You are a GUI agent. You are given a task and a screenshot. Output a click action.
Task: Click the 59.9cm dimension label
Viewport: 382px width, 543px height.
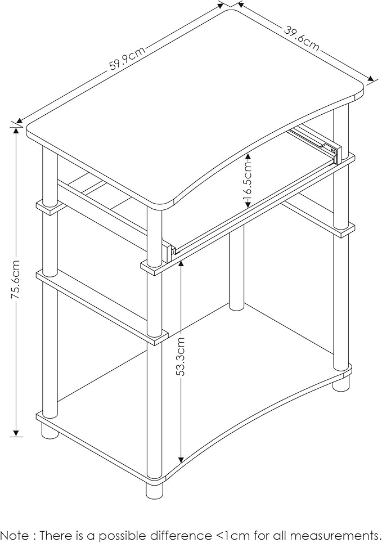tap(128, 59)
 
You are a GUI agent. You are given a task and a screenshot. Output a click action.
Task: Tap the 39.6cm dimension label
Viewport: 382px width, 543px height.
tap(302, 38)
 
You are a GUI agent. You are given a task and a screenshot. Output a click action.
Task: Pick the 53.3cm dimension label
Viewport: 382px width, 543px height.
tap(181, 356)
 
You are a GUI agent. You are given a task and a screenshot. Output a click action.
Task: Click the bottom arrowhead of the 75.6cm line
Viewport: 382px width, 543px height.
tap(16, 433)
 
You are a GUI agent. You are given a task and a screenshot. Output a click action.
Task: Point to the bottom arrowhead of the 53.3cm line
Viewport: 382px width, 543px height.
tap(181, 460)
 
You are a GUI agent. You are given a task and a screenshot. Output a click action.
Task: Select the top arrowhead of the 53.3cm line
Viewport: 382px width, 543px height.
tap(181, 264)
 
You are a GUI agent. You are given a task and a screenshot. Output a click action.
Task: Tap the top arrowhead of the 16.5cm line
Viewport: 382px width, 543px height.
tap(248, 156)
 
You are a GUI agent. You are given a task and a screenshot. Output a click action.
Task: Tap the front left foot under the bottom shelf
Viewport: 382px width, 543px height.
tap(50, 430)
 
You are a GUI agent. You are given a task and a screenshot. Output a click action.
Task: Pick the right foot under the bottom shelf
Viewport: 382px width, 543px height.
tap(341, 384)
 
